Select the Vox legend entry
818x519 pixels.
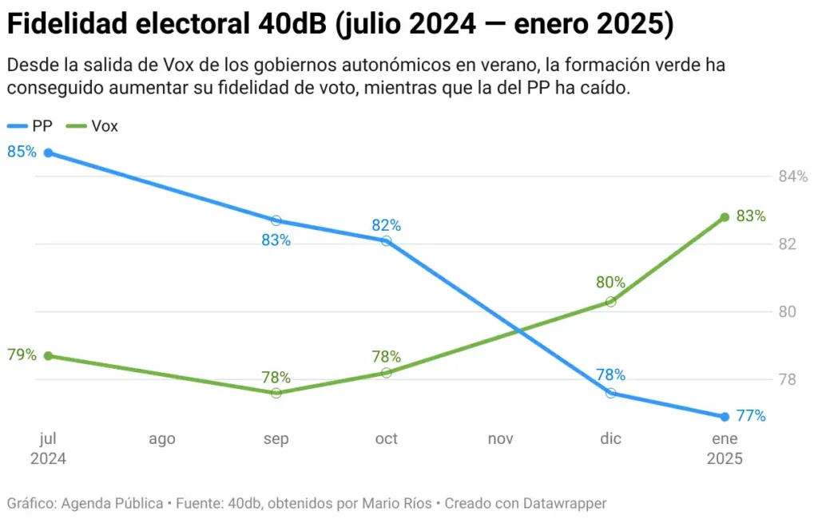tap(93, 126)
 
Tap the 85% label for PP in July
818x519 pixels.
tap(22, 150)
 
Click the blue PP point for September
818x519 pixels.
tap(276, 220)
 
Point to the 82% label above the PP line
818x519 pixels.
tap(386, 225)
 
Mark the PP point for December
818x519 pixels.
tap(611, 393)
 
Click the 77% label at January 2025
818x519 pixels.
tap(751, 416)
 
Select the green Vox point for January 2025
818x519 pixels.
tap(725, 217)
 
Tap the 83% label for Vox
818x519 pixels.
tap(751, 216)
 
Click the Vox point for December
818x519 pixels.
tap(611, 302)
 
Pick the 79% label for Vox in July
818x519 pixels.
tap(22, 355)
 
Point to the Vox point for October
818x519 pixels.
tap(387, 373)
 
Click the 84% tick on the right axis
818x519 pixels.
tap(793, 176)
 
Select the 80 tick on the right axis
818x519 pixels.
tap(786, 311)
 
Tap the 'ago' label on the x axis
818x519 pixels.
tap(161, 439)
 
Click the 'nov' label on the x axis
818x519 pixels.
tap(500, 439)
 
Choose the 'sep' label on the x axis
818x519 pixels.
tap(276, 439)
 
